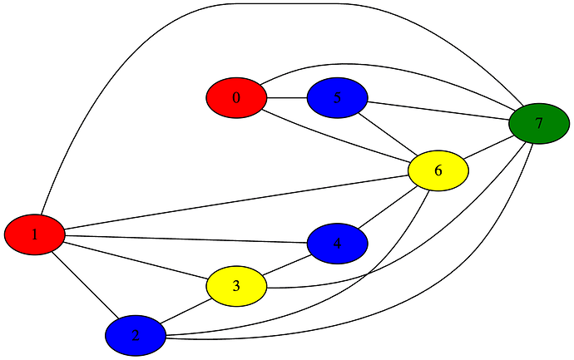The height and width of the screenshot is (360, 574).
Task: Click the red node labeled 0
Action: [x=236, y=98]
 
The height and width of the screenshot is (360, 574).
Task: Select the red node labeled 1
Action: [x=35, y=234]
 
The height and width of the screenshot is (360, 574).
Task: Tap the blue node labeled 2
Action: [x=136, y=336]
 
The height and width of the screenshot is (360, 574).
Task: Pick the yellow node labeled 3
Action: [x=236, y=286]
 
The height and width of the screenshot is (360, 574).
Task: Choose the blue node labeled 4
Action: [x=337, y=244]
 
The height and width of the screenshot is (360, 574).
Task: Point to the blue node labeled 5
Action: [x=337, y=98]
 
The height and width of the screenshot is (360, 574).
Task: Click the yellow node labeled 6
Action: [x=438, y=170]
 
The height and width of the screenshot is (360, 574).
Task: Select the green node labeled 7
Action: [x=539, y=124]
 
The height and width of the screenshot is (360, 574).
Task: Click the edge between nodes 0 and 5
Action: [x=287, y=98]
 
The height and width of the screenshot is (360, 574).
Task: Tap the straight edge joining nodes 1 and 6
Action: [x=233, y=204]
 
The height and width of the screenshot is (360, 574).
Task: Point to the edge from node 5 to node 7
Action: [x=438, y=111]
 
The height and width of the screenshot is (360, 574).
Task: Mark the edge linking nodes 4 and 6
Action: [x=387, y=208]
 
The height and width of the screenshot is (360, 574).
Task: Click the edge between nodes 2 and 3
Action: [x=186, y=311]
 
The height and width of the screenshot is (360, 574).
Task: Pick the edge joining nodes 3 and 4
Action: [x=287, y=265]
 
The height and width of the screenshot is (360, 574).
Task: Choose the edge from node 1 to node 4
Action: [x=183, y=239]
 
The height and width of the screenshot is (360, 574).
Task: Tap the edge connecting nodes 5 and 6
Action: [x=388, y=135]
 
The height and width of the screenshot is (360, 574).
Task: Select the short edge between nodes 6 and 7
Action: [x=489, y=147]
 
